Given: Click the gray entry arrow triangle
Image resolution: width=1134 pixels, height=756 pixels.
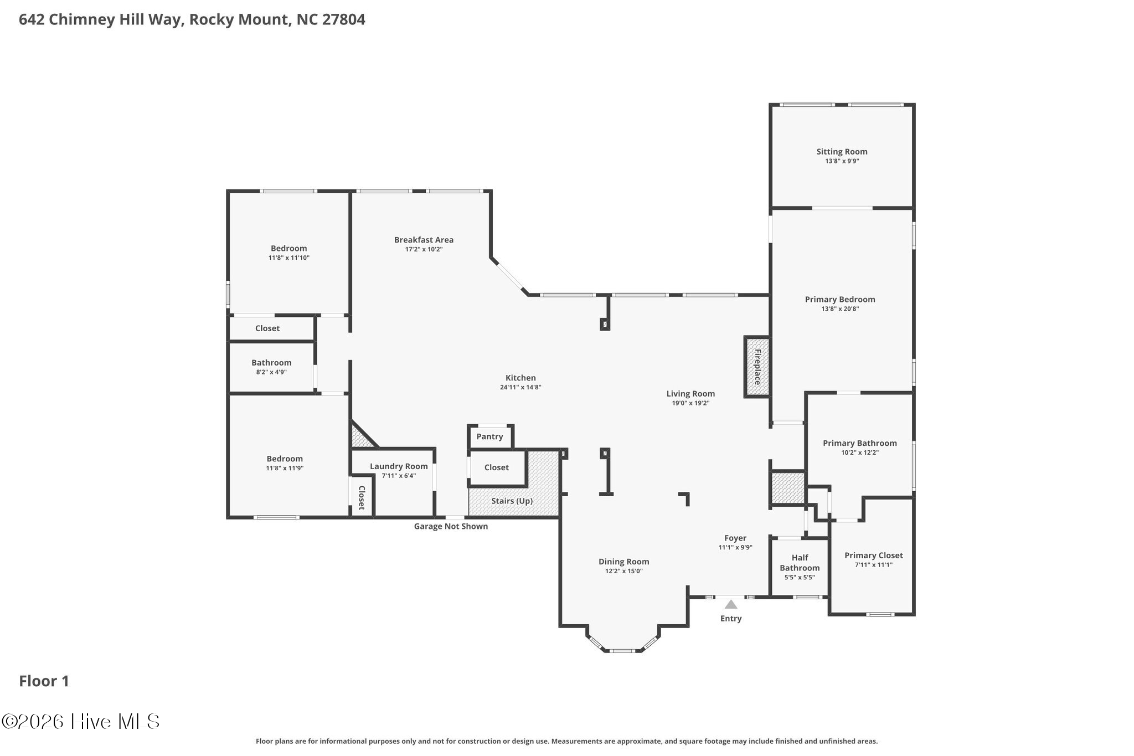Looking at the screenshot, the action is pos(731,604).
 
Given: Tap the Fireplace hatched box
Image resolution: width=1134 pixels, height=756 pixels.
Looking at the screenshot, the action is pos(757,367).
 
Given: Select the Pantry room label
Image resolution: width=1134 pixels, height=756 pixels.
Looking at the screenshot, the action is pos(489,436).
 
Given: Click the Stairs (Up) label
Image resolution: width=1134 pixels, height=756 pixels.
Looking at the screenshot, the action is pos(512,501).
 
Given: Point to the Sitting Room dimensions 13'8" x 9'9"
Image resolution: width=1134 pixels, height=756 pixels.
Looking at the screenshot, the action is pos(842,161).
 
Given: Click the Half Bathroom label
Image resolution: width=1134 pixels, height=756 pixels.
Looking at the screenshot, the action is pos(800,563).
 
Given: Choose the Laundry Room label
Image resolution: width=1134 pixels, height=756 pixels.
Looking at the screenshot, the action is pos(399,466).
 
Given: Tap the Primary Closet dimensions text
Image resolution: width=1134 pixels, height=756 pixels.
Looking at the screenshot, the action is pos(874,565).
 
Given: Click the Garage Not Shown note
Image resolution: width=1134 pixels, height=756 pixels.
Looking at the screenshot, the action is pos(451,526).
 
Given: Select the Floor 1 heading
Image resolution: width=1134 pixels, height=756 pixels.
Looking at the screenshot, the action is pos(44,681).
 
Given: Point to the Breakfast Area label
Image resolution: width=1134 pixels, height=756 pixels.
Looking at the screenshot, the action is pos(424,240).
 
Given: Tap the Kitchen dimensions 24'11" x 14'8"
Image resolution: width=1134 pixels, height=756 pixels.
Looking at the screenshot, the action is pos(520,388).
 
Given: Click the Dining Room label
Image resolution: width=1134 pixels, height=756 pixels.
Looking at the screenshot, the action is pos(623,562).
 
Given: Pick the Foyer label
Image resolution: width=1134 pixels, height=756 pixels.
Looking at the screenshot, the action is pos(735,538).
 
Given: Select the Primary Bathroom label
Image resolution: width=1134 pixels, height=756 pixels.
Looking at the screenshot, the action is pos(859,443).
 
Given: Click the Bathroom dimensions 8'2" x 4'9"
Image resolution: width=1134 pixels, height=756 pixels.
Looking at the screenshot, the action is pos(271,372).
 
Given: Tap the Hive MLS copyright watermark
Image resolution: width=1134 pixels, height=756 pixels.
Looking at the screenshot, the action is pos(81,721).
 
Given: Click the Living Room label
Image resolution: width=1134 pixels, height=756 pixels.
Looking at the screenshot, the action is pos(690,394).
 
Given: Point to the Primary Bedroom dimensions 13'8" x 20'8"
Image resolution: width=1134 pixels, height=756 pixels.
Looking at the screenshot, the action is pos(840,309).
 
